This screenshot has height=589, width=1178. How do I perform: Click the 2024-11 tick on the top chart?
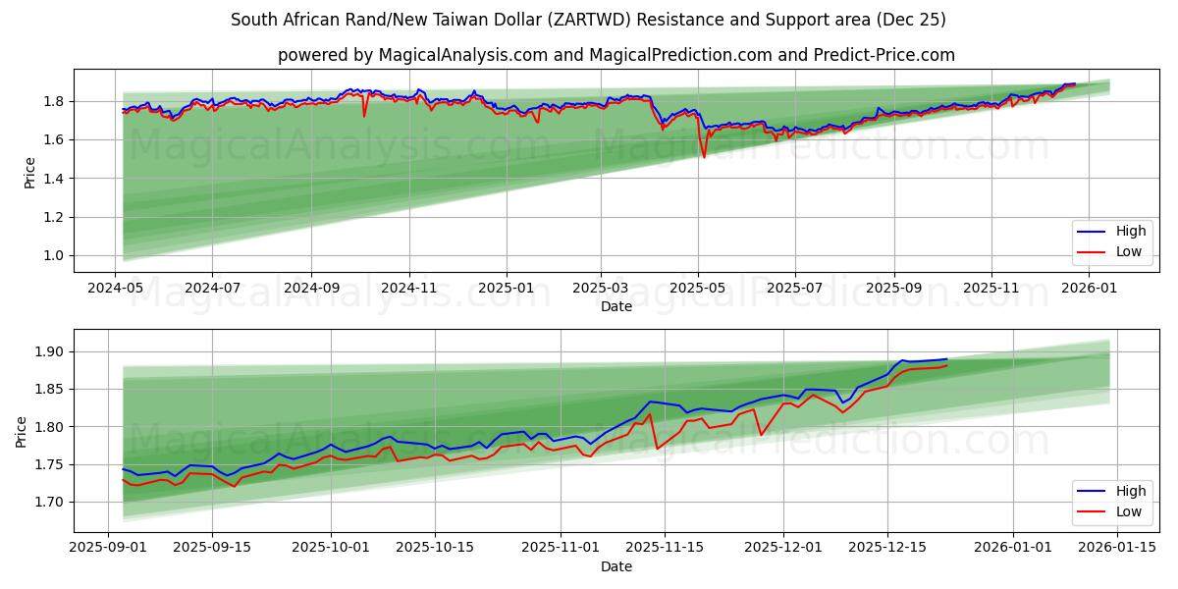(408, 290)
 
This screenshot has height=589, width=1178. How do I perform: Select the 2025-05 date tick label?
(698, 290)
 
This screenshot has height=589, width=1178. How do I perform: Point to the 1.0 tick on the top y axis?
(53, 256)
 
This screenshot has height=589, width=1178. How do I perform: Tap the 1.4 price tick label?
(53, 179)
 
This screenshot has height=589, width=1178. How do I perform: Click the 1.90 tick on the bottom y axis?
(49, 352)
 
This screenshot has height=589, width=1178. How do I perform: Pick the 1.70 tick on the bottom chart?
(49, 503)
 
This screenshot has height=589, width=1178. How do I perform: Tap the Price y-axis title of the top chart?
(29, 171)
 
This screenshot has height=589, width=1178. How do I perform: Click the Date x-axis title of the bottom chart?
(616, 566)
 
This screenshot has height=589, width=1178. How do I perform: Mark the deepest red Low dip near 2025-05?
(704, 157)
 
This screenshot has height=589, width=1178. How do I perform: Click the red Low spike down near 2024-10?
(364, 116)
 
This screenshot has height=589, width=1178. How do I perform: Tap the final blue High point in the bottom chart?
(946, 359)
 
